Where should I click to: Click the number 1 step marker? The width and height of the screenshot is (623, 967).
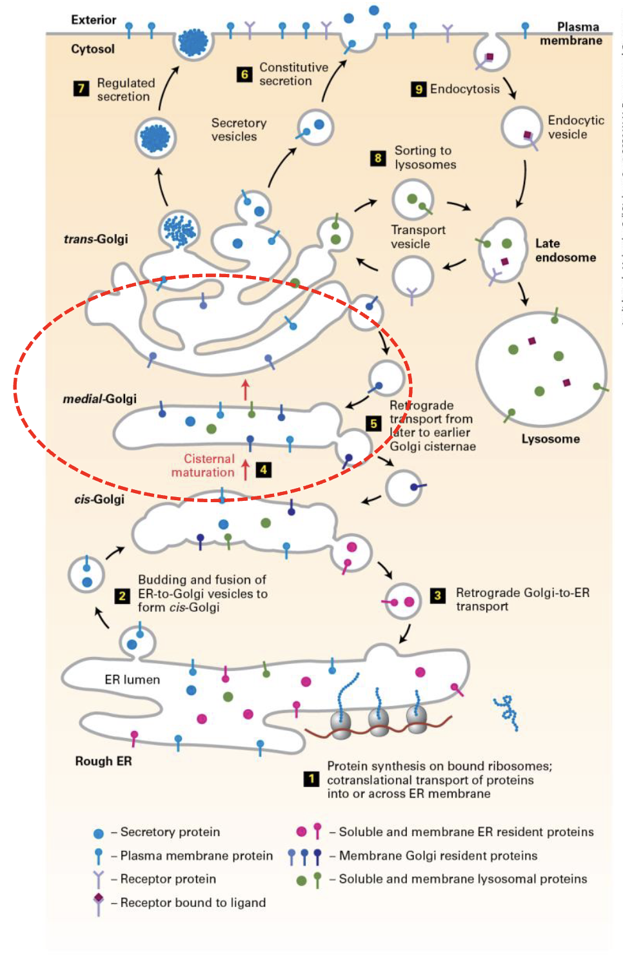pyautogui.click(x=311, y=779)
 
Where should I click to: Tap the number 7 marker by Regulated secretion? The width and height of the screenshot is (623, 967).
pyautogui.click(x=81, y=88)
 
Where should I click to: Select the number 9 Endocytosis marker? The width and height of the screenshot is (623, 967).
pyautogui.click(x=419, y=89)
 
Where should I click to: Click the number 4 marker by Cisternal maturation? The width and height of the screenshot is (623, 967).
pyautogui.click(x=263, y=469)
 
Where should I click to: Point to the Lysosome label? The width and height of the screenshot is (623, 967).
pyautogui.click(x=550, y=439)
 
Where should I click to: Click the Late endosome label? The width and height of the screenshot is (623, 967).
pyautogui.click(x=565, y=250)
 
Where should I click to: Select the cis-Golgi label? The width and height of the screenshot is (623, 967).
pyautogui.click(x=99, y=499)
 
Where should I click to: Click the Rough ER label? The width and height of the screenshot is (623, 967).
pyautogui.click(x=103, y=761)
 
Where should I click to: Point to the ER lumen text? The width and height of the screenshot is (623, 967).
pyautogui.click(x=132, y=679)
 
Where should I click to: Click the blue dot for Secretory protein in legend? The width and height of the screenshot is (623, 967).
pyautogui.click(x=99, y=833)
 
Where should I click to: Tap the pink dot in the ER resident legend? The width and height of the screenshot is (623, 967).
pyautogui.click(x=301, y=832)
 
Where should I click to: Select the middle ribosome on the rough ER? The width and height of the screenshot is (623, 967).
pyautogui.click(x=379, y=723)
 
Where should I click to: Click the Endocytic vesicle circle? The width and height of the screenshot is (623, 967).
pyautogui.click(x=521, y=127)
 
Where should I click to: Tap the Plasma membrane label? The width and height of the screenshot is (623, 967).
pyautogui.click(x=571, y=34)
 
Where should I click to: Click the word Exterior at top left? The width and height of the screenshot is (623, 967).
pyautogui.click(x=94, y=20)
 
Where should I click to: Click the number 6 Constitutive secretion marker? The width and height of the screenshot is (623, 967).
pyautogui.click(x=244, y=74)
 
